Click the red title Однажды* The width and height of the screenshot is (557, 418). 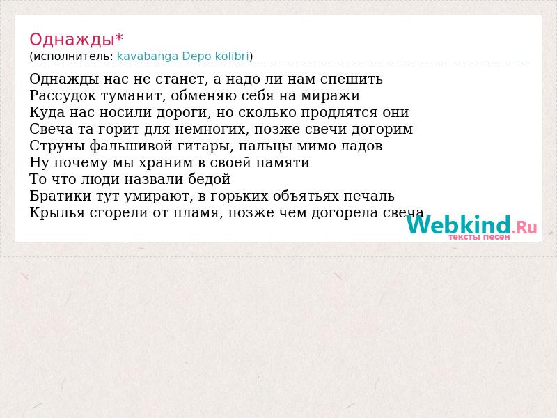(x=77, y=40)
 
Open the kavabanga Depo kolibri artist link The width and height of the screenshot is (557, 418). (x=183, y=56)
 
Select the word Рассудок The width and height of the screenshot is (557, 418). (x=63, y=95)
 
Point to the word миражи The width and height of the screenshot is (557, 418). (x=330, y=96)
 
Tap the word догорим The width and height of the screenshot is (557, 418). (x=382, y=130)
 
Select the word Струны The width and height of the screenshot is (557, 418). (x=57, y=146)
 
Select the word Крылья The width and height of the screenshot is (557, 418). (x=57, y=213)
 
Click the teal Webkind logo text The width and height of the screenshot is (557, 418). (x=459, y=224)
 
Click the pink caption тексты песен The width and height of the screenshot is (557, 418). (x=479, y=237)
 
